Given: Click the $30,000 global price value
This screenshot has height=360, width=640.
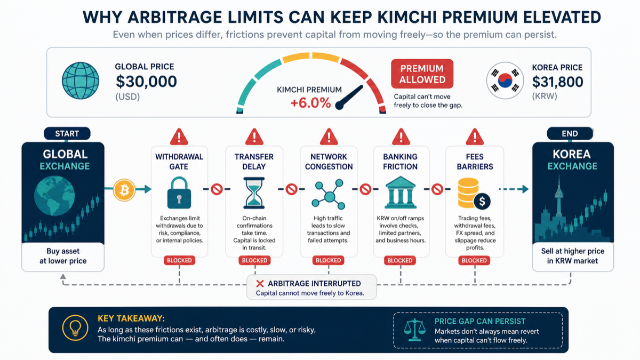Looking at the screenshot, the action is pos(146,82).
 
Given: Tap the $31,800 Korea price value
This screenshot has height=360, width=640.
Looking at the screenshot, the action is pos(557,82).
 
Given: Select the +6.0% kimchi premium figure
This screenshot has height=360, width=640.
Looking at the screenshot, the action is pos(310,103).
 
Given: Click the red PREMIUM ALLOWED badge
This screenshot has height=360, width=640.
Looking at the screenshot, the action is pos(422,74).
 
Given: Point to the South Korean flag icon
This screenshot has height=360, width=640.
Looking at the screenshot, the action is pos(505,81).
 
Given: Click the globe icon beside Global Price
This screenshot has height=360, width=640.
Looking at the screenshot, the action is pos(81,81).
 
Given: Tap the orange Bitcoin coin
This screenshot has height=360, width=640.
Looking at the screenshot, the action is pos(124,190).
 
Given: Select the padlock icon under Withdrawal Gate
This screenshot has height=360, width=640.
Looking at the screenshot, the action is pos(179,193).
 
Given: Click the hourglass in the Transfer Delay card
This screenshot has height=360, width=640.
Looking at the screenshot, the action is pos(254,193).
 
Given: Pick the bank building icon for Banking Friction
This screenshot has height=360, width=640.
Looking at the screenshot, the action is pos(401,192).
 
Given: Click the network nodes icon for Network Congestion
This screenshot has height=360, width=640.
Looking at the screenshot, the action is pos(329,194).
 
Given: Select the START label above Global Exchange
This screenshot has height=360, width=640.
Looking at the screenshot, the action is pos(67,133).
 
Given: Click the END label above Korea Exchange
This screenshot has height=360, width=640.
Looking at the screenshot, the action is pos(570,133).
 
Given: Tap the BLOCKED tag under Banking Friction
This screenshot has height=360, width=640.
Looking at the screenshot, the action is pos(399,260).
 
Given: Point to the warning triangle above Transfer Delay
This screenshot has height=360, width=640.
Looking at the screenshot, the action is pos(254,137).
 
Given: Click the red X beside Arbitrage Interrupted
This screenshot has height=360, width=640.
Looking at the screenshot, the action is pos(260,283).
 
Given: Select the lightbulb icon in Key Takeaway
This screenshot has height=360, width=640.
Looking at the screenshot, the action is pos(75,327).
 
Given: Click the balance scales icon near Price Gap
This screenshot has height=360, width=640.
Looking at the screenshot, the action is pos(414,330).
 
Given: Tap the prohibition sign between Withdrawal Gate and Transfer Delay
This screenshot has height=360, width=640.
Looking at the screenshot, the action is pos(217,189).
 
